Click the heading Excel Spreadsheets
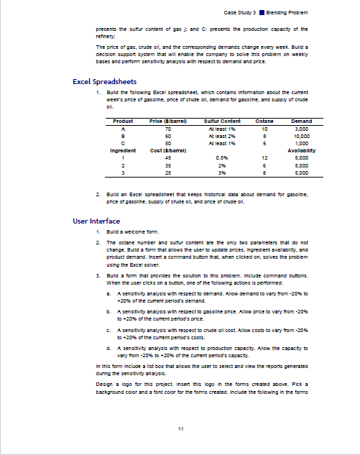105,81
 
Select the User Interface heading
96,221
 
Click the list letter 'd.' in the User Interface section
108,347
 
